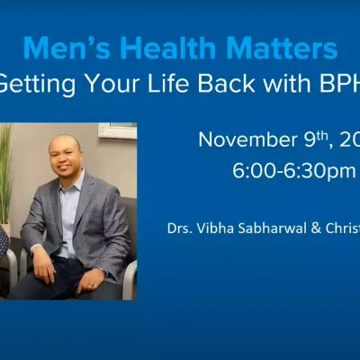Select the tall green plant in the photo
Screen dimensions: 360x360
click(x=6, y=171)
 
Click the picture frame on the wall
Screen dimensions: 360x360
click(x=117, y=131)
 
